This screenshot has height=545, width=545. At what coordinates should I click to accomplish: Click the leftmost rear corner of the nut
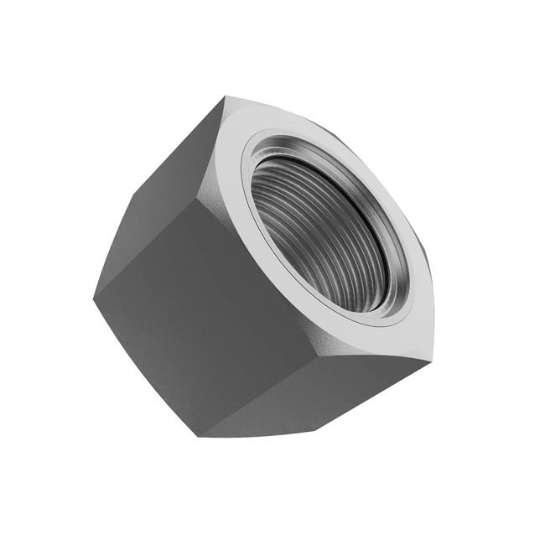coord(94,295)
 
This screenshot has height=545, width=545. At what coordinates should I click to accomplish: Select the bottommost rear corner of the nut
coord(201,436)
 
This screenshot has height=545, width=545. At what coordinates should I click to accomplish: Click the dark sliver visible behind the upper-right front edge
coord(335,130)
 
